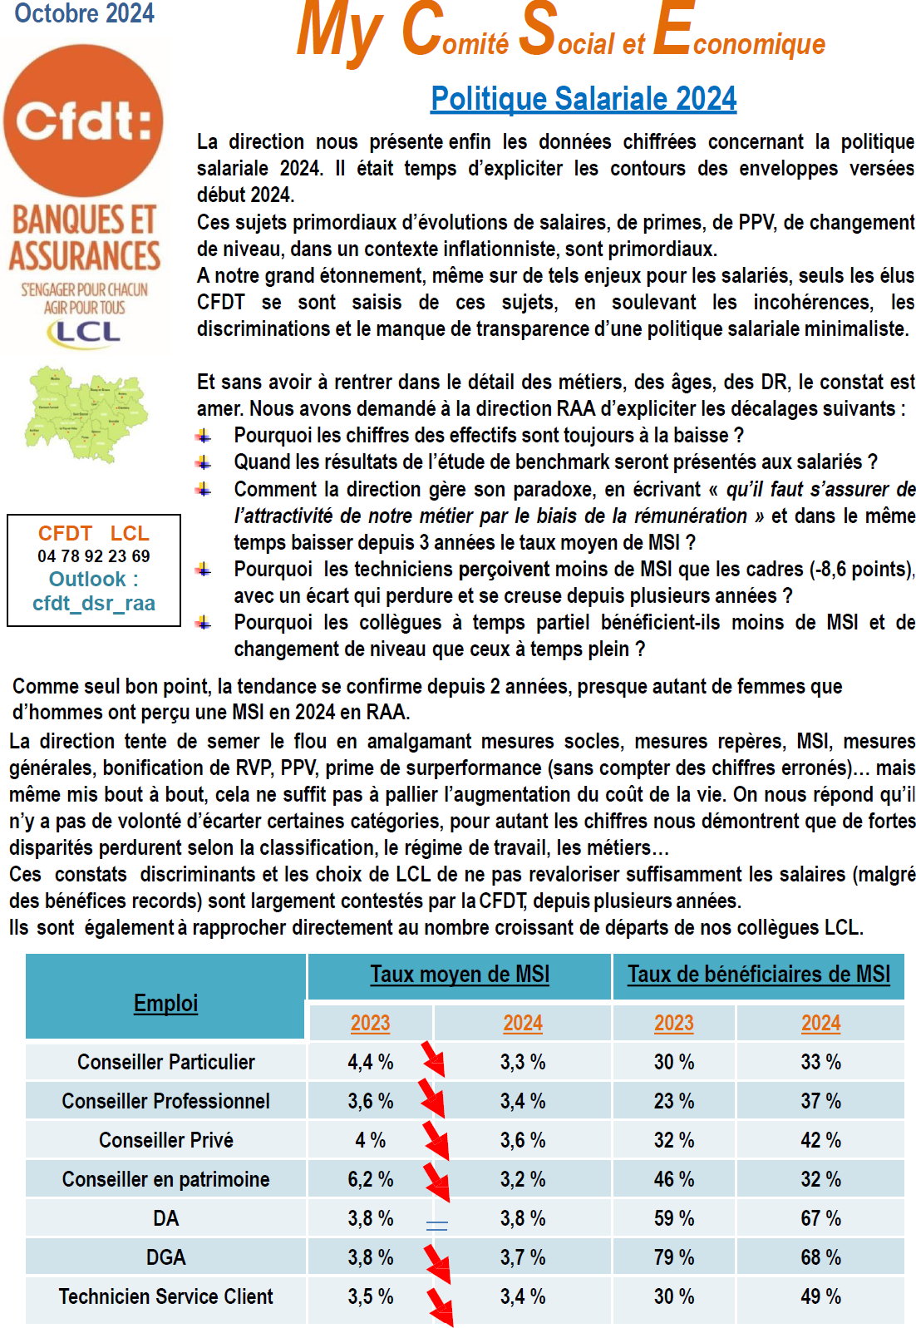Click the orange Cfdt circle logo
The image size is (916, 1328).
[x=83, y=121]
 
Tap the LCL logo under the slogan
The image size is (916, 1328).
[x=84, y=332]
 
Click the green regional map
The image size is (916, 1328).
[x=87, y=414]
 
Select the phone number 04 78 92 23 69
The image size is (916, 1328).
[x=94, y=556]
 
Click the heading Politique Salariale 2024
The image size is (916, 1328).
[x=584, y=99]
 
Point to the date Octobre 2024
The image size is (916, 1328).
[x=85, y=13]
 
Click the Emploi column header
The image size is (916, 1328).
[x=165, y=1003]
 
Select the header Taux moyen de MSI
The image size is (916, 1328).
[x=460, y=974]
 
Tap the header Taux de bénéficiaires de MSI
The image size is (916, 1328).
[x=758, y=974]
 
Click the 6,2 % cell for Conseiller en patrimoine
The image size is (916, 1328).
[x=370, y=1179]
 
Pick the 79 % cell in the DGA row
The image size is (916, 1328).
[x=673, y=1257]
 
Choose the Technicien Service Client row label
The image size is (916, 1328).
[x=165, y=1296]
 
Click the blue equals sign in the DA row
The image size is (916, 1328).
[x=436, y=1225]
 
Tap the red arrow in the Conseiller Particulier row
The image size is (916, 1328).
[x=433, y=1059]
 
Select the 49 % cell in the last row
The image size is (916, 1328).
[x=820, y=1296]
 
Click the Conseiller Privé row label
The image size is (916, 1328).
[x=165, y=1140]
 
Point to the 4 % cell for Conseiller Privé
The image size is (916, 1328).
[x=370, y=1140]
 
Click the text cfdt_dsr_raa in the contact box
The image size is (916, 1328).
[x=94, y=603]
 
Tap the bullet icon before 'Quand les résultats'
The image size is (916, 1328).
[x=204, y=462]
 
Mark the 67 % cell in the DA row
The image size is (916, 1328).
[x=820, y=1218]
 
